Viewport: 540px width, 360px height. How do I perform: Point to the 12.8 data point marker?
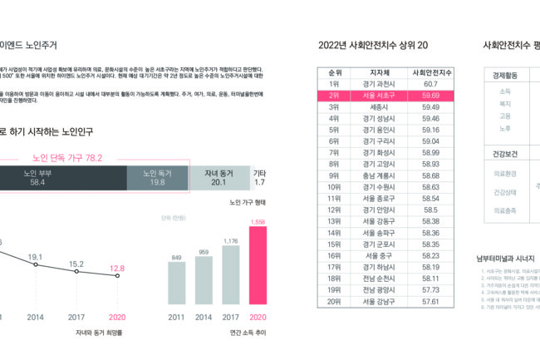coord(117,279)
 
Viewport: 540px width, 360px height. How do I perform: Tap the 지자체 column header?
coord(380,72)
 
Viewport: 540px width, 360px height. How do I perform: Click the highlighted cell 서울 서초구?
coord(380,96)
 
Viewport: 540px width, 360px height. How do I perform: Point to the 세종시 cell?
coord(380,107)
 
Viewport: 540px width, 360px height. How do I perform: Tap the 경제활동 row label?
coord(504,75)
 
